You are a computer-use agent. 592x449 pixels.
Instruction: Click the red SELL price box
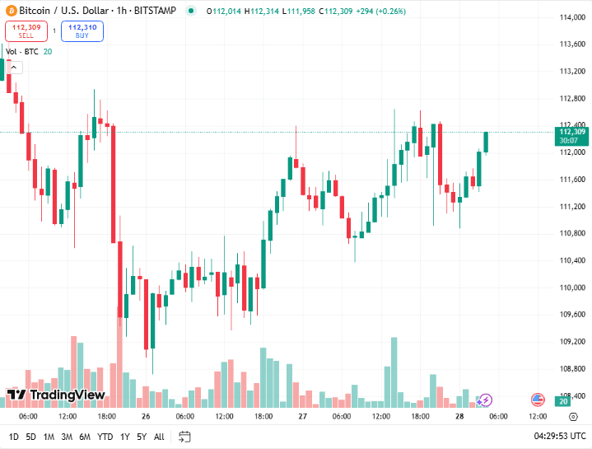(26, 31)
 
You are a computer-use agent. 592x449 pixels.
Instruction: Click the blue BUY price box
(82, 31)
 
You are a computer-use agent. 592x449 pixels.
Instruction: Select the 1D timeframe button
(14, 437)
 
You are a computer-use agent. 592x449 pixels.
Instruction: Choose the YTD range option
(105, 437)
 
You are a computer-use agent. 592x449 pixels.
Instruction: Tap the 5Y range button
(142, 437)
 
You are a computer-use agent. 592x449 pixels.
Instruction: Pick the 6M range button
(85, 437)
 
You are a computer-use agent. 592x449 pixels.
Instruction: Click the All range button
(159, 437)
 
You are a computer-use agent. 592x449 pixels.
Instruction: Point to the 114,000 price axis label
(571, 17)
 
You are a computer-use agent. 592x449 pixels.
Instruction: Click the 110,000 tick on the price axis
(571, 288)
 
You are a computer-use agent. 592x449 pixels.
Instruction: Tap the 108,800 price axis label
(571, 369)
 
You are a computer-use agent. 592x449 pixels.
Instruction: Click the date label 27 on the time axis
(302, 417)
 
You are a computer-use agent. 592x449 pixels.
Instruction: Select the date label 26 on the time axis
(144, 417)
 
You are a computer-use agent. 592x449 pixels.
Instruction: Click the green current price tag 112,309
(571, 132)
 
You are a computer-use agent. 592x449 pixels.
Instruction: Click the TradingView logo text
(66, 395)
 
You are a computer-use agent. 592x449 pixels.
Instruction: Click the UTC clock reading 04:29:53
(560, 436)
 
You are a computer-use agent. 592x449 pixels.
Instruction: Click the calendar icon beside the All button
(184, 437)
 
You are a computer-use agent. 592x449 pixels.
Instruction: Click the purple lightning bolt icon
(485, 400)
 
